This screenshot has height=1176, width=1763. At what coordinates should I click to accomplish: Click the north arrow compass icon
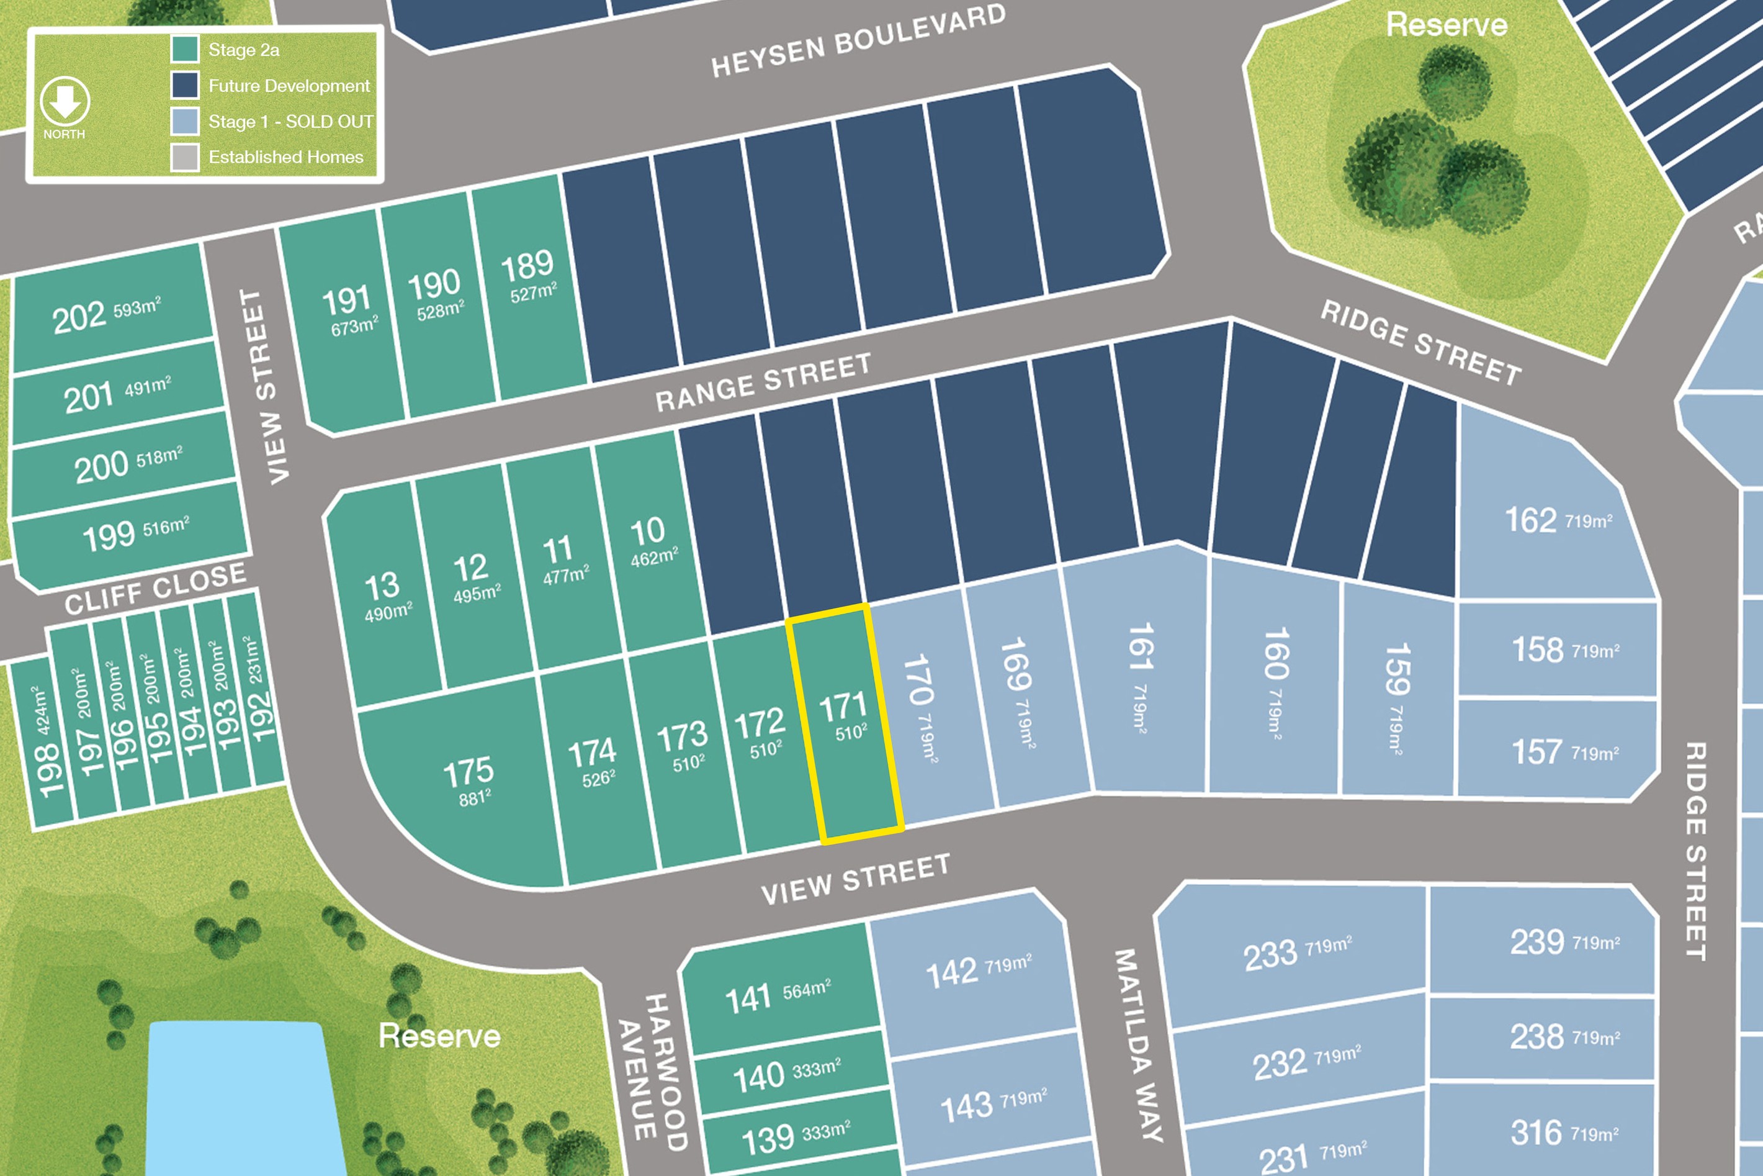[x=65, y=101]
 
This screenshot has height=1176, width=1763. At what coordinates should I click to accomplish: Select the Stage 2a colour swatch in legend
[x=184, y=50]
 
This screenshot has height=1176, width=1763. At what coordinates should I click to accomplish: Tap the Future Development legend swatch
[x=184, y=84]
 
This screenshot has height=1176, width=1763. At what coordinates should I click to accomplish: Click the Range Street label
[x=763, y=382]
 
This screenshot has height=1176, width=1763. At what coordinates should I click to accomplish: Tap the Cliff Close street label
[x=155, y=588]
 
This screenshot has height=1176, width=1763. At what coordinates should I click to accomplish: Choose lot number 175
[x=468, y=772]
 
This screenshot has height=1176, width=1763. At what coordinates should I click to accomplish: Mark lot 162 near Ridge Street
[x=1531, y=520]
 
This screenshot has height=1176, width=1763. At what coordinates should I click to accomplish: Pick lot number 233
[x=1270, y=955]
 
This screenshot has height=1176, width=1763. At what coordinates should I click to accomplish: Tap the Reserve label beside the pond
[x=439, y=1036]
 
